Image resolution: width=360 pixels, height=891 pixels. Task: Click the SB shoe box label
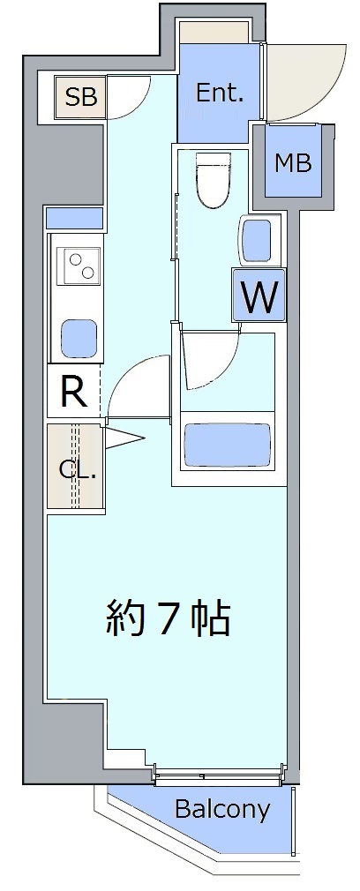[81, 97]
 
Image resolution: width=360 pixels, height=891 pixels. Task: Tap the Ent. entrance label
[220, 94]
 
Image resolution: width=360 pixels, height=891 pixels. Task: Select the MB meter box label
[293, 164]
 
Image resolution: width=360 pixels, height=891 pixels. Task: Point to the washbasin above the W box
[259, 241]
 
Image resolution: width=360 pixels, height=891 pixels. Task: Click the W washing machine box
[259, 295]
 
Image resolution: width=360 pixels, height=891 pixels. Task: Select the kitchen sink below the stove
[79, 338]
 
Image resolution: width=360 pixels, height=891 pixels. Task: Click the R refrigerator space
[74, 392]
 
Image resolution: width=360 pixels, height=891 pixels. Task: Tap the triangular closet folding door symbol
[123, 438]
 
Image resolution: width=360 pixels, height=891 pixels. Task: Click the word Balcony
[222, 809]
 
